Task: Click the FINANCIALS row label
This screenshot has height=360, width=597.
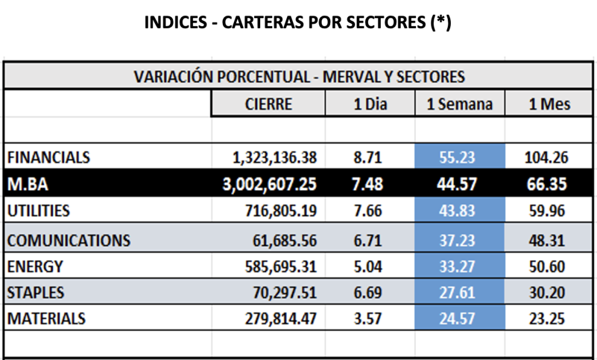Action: click(x=49, y=158)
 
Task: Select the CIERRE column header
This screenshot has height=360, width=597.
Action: click(x=268, y=104)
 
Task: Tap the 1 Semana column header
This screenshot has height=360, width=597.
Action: click(x=459, y=104)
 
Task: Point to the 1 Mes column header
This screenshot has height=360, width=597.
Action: click(x=549, y=104)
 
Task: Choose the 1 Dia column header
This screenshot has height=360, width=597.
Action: click(x=370, y=104)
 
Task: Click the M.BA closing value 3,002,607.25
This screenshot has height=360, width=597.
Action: click(x=269, y=185)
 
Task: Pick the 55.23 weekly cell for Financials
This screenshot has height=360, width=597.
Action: click(x=459, y=158)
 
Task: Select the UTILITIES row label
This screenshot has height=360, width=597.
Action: click(x=38, y=211)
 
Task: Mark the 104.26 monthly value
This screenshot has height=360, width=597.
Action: click(x=546, y=158)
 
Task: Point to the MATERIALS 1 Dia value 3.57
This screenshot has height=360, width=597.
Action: click(x=367, y=319)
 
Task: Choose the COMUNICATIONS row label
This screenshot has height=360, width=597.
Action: click(x=68, y=240)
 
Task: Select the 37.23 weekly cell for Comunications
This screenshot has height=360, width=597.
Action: click(x=459, y=240)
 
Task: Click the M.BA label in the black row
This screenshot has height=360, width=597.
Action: click(x=24, y=185)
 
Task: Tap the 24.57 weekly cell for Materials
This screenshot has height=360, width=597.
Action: click(x=459, y=319)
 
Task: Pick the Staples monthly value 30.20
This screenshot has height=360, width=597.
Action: click(x=546, y=293)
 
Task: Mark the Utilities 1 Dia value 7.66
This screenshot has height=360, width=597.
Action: click(x=367, y=211)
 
